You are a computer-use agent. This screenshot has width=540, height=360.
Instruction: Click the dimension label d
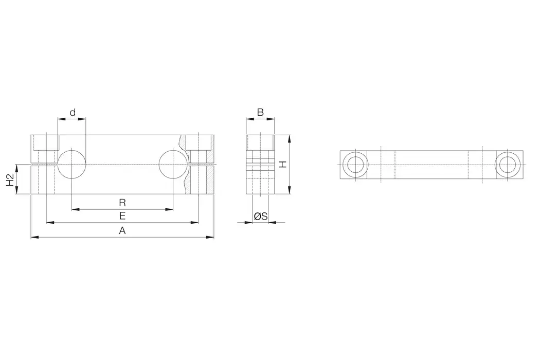coord(73,112)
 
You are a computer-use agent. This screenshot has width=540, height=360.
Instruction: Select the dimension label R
coord(122,202)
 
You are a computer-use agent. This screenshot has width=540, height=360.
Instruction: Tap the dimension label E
coord(122,215)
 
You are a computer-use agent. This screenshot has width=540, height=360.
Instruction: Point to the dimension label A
coord(122,231)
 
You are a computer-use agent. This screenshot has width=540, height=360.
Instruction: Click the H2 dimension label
coord(10,179)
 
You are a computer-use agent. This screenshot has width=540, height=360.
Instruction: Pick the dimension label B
coord(260,112)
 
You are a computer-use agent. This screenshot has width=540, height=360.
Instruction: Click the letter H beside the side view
coord(282,165)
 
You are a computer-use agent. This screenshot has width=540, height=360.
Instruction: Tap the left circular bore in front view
coord(71,165)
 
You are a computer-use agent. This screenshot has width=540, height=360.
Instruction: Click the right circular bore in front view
coord(173,165)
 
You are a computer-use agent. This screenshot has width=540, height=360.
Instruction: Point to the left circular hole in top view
coord(354,165)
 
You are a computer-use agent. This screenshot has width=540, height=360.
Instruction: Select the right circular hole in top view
coord(509,165)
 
